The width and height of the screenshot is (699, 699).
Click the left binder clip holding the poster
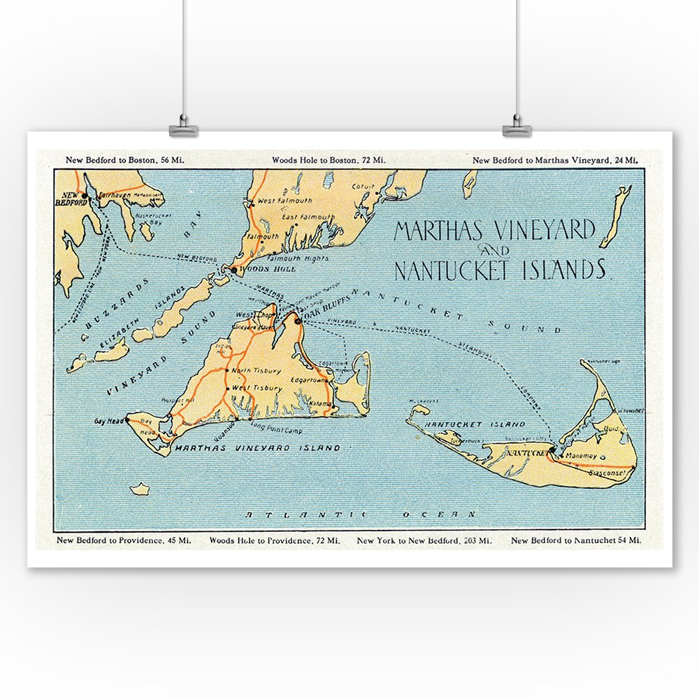[183, 129]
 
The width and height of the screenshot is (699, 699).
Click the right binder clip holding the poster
[517, 129]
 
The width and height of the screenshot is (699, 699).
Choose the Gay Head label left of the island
[108, 422]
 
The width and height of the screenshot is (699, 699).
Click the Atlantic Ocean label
[360, 514]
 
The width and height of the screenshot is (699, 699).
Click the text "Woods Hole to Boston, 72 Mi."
[328, 160]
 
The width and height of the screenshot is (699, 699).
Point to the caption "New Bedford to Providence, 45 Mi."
[124, 540]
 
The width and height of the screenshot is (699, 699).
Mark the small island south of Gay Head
[140, 489]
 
